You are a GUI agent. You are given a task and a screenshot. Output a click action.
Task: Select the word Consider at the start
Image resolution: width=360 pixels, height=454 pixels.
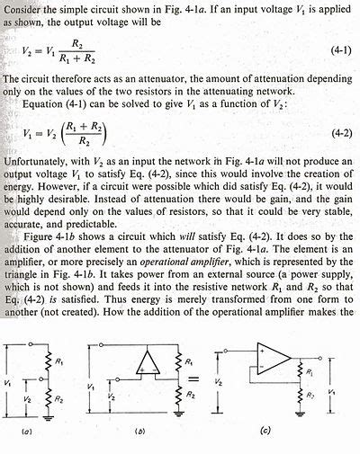(x=22, y=7)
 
